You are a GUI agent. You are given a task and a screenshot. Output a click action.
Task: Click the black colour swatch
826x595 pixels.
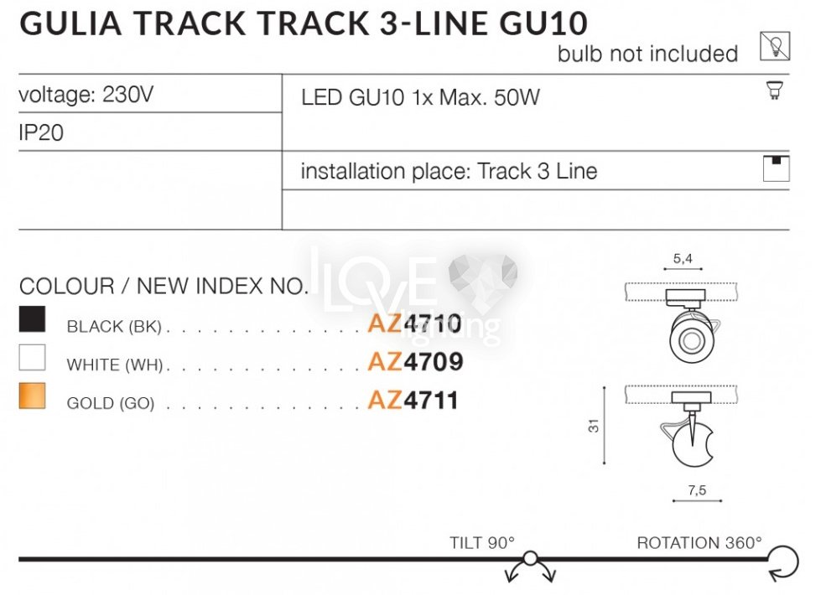32,319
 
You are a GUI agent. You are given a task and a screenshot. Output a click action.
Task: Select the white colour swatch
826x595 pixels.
32,358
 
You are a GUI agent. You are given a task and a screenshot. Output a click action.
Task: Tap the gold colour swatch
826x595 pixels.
32,396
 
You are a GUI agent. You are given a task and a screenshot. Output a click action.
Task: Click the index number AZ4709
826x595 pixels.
415,362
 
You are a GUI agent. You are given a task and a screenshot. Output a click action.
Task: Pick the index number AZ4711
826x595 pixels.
413,401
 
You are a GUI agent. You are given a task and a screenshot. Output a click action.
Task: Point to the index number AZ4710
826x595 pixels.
414,323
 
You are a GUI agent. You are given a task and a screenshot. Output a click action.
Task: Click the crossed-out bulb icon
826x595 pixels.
775,46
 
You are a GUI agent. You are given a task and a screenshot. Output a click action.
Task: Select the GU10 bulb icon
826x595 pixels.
774,90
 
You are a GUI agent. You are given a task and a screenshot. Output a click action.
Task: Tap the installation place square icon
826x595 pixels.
776,168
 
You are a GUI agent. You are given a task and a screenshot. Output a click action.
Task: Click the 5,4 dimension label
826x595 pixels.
683,259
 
